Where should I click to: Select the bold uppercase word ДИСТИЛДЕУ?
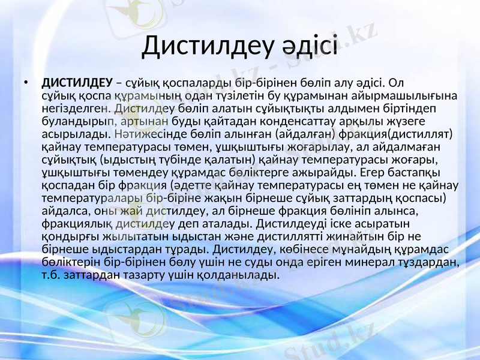[x=77, y=82]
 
